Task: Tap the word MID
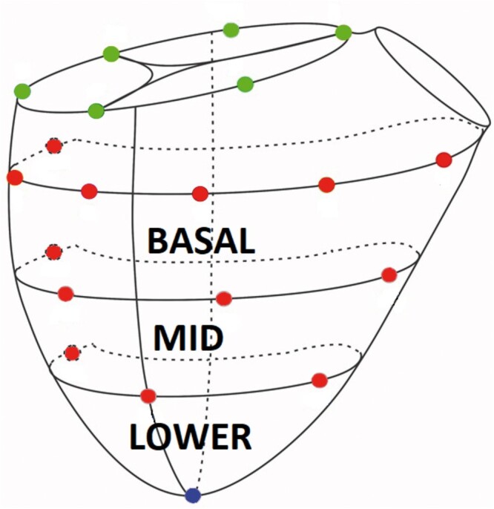click(x=188, y=338)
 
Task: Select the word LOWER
click(x=191, y=436)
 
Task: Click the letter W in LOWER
click(x=194, y=436)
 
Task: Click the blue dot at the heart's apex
click(x=193, y=494)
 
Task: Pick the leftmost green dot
click(x=22, y=91)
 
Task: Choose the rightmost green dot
click(x=343, y=32)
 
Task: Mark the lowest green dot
click(x=96, y=111)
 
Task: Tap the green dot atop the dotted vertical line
click(x=231, y=30)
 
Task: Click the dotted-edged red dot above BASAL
click(x=53, y=145)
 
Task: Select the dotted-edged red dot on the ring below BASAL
click(x=53, y=252)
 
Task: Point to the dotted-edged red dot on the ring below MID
click(x=72, y=352)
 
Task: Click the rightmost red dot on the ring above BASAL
click(x=444, y=160)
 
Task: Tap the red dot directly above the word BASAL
click(x=200, y=194)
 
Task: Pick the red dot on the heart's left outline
click(x=14, y=177)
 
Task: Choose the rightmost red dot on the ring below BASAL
click(x=389, y=275)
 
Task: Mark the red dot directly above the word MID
click(x=224, y=298)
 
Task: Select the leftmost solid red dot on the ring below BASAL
click(x=65, y=294)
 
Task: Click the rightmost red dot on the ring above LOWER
click(x=320, y=380)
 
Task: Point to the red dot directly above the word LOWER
click(x=148, y=395)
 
